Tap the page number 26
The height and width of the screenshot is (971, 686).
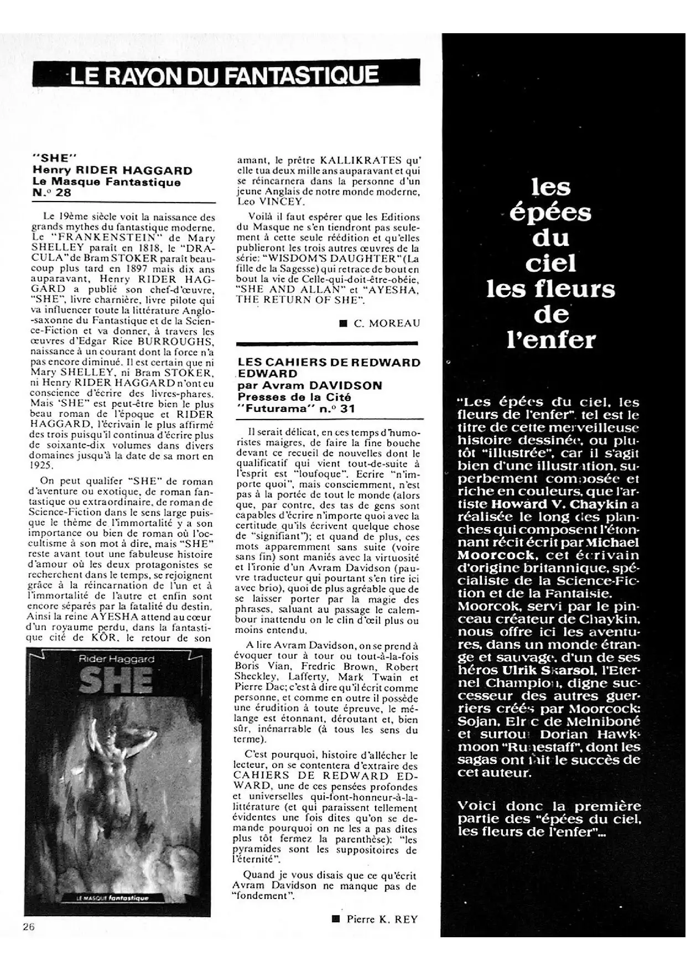[29, 927]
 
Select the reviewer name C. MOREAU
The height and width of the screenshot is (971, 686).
[387, 323]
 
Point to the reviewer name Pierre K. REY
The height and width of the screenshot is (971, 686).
[382, 920]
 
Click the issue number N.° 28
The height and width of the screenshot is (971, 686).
[52, 193]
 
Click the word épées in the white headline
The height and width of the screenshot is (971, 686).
[550, 213]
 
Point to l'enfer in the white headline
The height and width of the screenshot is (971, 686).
[552, 340]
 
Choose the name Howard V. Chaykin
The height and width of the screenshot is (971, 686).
[563, 504]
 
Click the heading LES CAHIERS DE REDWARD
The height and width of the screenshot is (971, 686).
[329, 363]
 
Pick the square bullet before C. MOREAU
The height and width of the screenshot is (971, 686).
[343, 323]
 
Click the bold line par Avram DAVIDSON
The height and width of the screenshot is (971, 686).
[310, 386]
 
